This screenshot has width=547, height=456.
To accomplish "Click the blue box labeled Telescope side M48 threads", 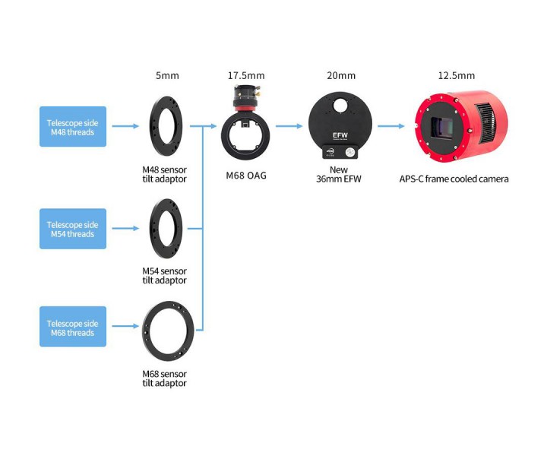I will [x=73, y=126].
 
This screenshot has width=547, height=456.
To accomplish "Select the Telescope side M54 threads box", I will [x=73, y=229].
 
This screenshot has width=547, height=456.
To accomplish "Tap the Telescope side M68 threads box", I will [x=73, y=328].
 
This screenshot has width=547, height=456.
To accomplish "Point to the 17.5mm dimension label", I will [x=246, y=75].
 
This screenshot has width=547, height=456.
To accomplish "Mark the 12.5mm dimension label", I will [x=456, y=75].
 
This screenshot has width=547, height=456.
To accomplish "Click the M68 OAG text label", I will [x=246, y=176].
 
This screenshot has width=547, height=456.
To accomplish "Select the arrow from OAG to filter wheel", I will [x=289, y=127].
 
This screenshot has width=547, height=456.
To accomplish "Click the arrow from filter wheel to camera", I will [x=390, y=127].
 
